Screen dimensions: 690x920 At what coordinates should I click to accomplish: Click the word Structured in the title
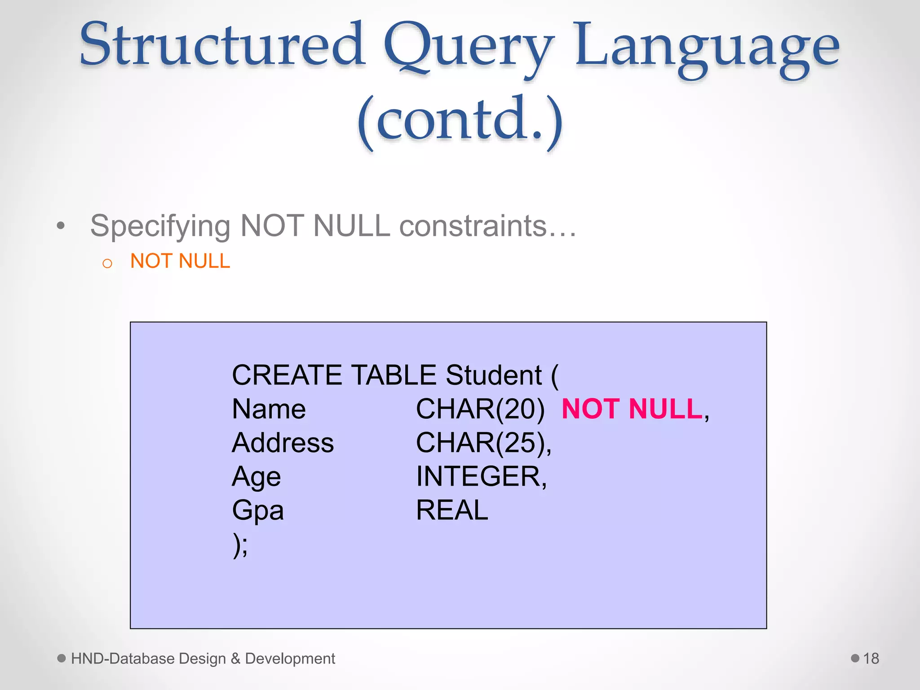[x=222, y=45]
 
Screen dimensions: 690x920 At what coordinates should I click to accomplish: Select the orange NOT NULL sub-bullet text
[x=180, y=261]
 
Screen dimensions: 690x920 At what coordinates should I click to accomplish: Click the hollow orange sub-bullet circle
[x=107, y=264]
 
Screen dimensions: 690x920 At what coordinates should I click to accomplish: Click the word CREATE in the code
[x=289, y=375]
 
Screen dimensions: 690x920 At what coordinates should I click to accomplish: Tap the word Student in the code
[x=494, y=375]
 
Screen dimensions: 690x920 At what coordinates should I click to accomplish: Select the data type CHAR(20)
[x=480, y=409]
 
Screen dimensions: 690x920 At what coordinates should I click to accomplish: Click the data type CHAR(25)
[x=482, y=443]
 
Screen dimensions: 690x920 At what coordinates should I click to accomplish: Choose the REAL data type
[x=452, y=510]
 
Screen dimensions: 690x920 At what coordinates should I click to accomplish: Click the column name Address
[x=283, y=443]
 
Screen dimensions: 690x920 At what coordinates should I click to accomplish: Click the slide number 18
[x=871, y=659]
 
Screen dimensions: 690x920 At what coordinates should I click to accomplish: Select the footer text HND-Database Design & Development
[x=203, y=659]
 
